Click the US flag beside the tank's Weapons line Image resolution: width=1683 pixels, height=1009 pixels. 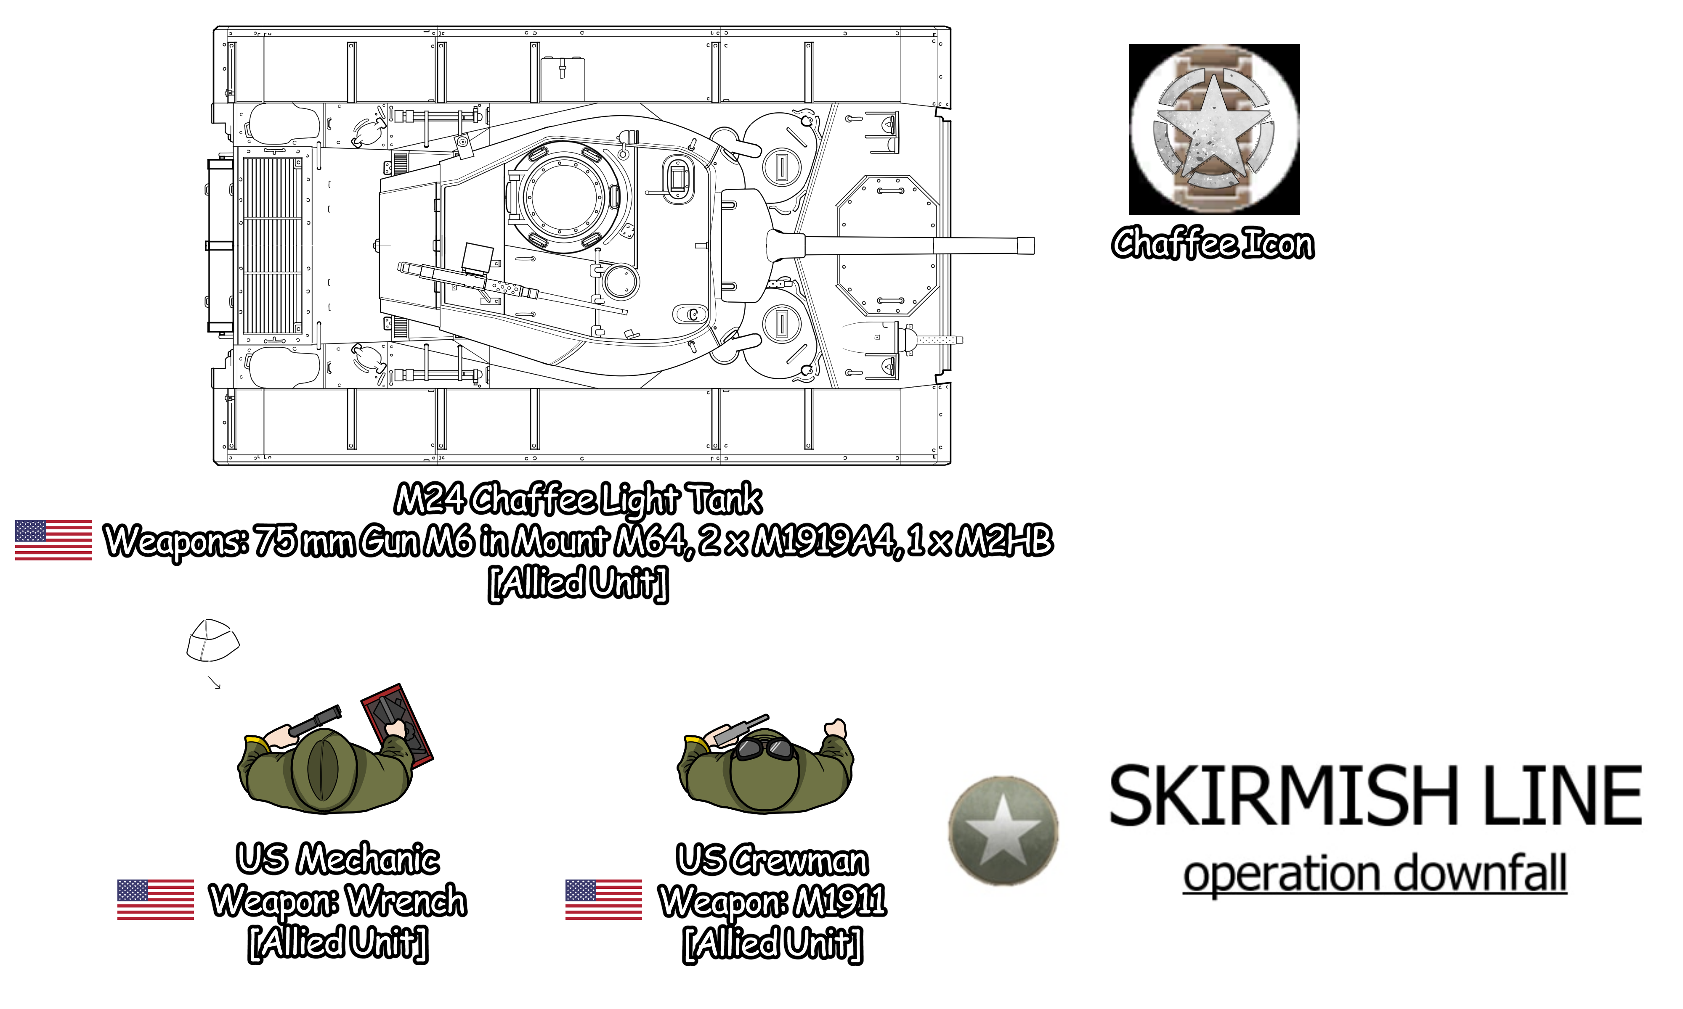(x=53, y=540)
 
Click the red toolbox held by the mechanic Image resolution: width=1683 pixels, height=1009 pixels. (x=397, y=726)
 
